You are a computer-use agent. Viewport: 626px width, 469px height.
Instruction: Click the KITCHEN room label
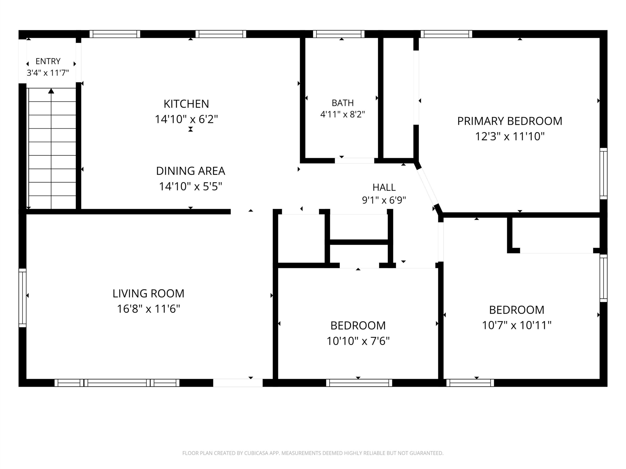186,104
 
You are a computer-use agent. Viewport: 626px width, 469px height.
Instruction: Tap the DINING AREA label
190,171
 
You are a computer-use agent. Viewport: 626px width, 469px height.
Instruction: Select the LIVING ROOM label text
148,293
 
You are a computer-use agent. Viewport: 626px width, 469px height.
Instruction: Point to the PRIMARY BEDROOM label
510,121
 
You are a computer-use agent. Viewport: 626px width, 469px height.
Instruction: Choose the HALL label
384,187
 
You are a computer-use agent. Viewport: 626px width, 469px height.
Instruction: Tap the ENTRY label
48,61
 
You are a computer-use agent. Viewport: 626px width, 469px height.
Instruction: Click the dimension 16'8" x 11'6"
148,309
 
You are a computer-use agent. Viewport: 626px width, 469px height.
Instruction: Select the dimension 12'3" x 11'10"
510,137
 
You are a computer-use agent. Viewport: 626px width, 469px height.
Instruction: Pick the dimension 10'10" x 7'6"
358,341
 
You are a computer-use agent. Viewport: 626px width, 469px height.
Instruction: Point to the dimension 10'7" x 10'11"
516,325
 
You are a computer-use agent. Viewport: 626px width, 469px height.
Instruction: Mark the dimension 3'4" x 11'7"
48,73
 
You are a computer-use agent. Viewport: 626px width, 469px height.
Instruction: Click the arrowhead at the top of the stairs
51,91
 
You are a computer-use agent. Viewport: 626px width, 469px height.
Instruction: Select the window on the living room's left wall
22,298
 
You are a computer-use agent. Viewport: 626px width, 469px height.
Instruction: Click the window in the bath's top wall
339,34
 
